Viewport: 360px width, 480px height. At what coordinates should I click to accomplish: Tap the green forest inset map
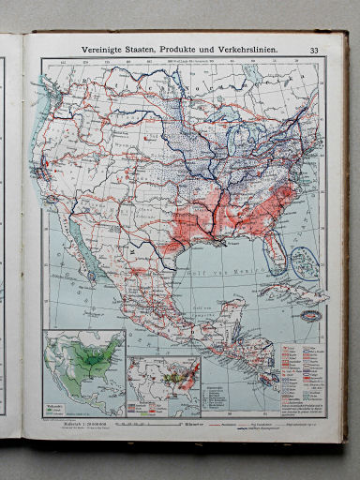[86, 366]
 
